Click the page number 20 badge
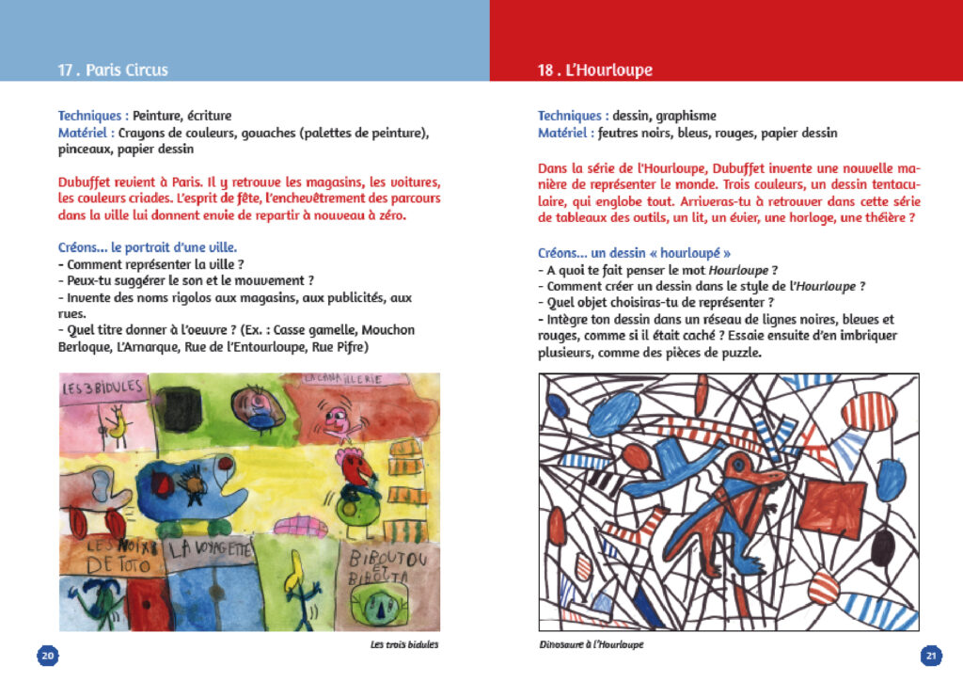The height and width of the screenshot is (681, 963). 47,655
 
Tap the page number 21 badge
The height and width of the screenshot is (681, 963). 931,655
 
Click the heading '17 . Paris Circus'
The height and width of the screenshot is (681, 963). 113,71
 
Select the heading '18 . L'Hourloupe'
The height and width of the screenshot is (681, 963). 595,71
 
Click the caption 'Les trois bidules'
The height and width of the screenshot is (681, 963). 404,645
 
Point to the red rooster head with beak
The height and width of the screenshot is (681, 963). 354,467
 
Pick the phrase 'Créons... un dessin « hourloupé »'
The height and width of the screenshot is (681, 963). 634,253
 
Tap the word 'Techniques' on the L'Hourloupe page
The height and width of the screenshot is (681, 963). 572,116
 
